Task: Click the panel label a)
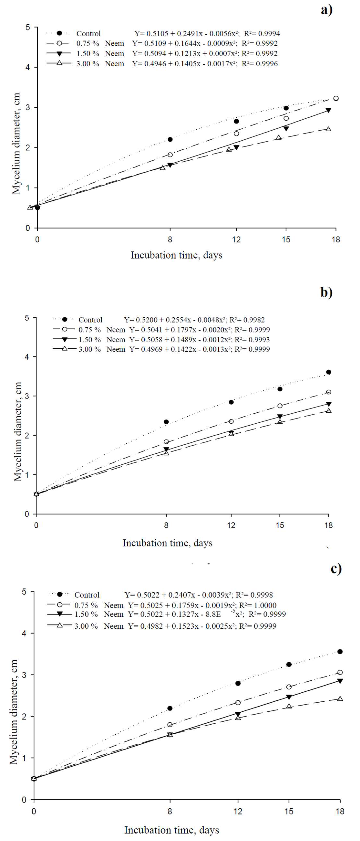(326, 10)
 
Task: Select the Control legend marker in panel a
(59, 33)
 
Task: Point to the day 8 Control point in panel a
(170, 139)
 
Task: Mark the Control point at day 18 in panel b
(329, 372)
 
